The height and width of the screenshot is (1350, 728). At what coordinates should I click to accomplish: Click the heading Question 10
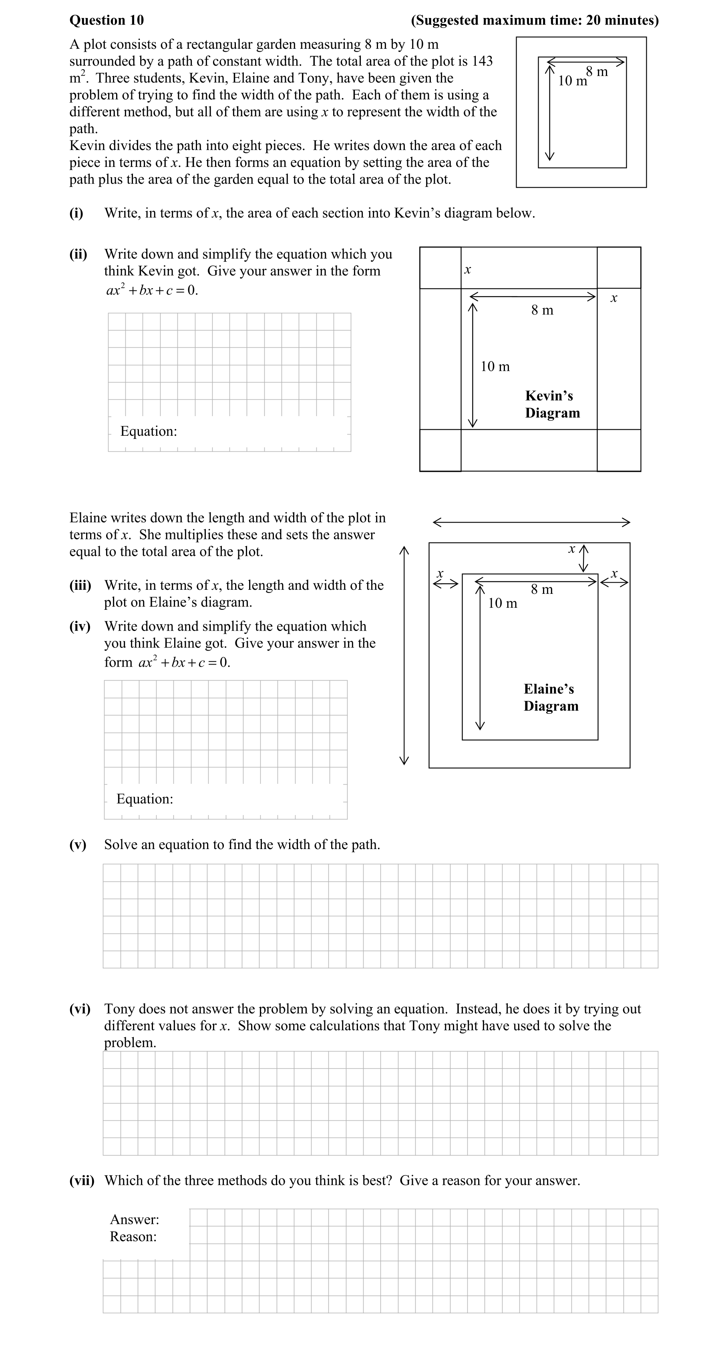pos(107,20)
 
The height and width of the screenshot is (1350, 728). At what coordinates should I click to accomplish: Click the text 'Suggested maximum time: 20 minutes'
pos(535,20)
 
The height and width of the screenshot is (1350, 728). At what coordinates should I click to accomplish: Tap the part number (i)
pos(76,213)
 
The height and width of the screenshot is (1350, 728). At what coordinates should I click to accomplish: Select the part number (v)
pos(78,845)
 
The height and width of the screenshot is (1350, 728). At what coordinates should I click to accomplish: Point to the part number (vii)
pos(82,1181)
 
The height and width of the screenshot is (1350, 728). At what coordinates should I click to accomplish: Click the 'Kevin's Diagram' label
pos(552,404)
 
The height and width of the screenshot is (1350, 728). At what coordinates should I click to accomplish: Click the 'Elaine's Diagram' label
pos(551,697)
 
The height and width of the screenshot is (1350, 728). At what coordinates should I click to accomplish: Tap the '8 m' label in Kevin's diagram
pos(542,310)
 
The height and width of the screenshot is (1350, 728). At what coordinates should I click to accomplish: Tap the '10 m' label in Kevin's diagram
pos(495,367)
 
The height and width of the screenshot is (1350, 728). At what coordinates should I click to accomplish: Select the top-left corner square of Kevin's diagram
pos(440,268)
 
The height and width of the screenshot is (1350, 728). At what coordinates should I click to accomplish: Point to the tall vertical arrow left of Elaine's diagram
pos(404,655)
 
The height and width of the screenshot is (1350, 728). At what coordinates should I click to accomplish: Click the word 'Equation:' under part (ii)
pos(149,431)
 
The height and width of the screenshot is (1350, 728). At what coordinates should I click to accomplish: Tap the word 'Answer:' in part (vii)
pos(134,1220)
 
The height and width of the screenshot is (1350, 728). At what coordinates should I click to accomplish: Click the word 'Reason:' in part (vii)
pos(133,1237)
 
